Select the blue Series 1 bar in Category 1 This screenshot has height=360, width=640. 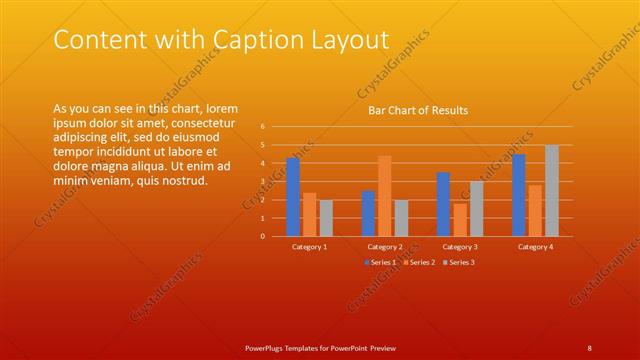click(x=293, y=197)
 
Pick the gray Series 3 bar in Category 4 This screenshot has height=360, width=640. click(x=552, y=191)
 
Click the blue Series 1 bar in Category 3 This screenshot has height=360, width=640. click(x=443, y=204)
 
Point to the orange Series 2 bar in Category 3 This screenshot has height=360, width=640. click(x=460, y=220)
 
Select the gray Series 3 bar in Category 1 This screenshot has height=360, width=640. click(x=326, y=218)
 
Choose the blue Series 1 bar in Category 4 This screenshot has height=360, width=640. click(x=518, y=195)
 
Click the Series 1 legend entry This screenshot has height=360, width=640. click(x=381, y=262)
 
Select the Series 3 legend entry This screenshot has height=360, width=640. click(x=459, y=262)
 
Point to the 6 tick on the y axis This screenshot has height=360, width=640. click(x=261, y=127)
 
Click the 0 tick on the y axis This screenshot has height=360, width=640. click(x=261, y=237)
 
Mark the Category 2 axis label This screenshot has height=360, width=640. click(x=385, y=246)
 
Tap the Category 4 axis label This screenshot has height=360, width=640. click(x=535, y=246)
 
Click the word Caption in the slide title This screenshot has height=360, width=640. click(x=269, y=40)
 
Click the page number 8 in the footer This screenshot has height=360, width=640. click(x=589, y=347)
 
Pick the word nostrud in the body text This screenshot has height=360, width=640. click(x=182, y=181)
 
